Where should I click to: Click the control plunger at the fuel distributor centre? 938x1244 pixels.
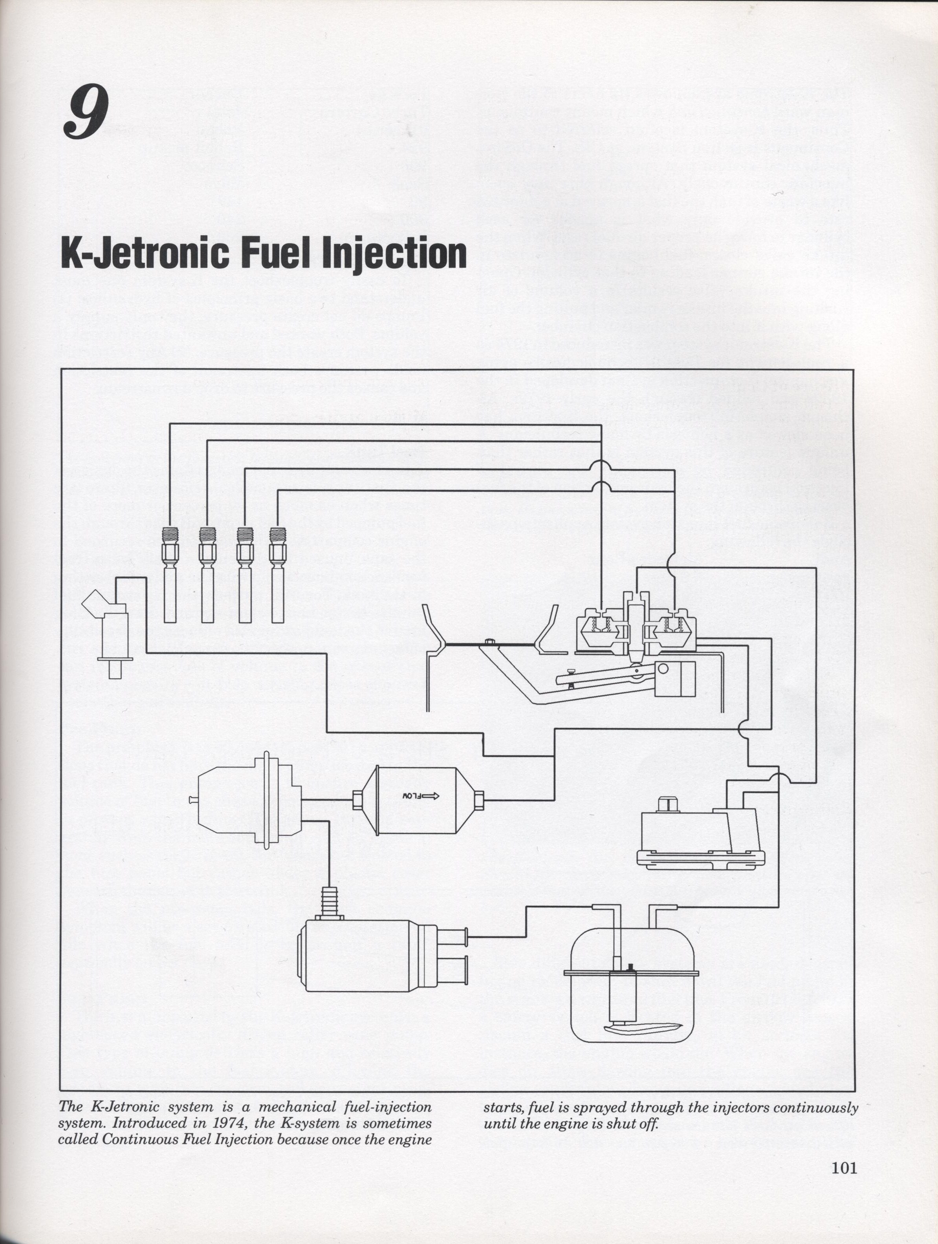coord(636,627)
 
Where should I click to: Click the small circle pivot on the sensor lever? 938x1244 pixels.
coord(663,669)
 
